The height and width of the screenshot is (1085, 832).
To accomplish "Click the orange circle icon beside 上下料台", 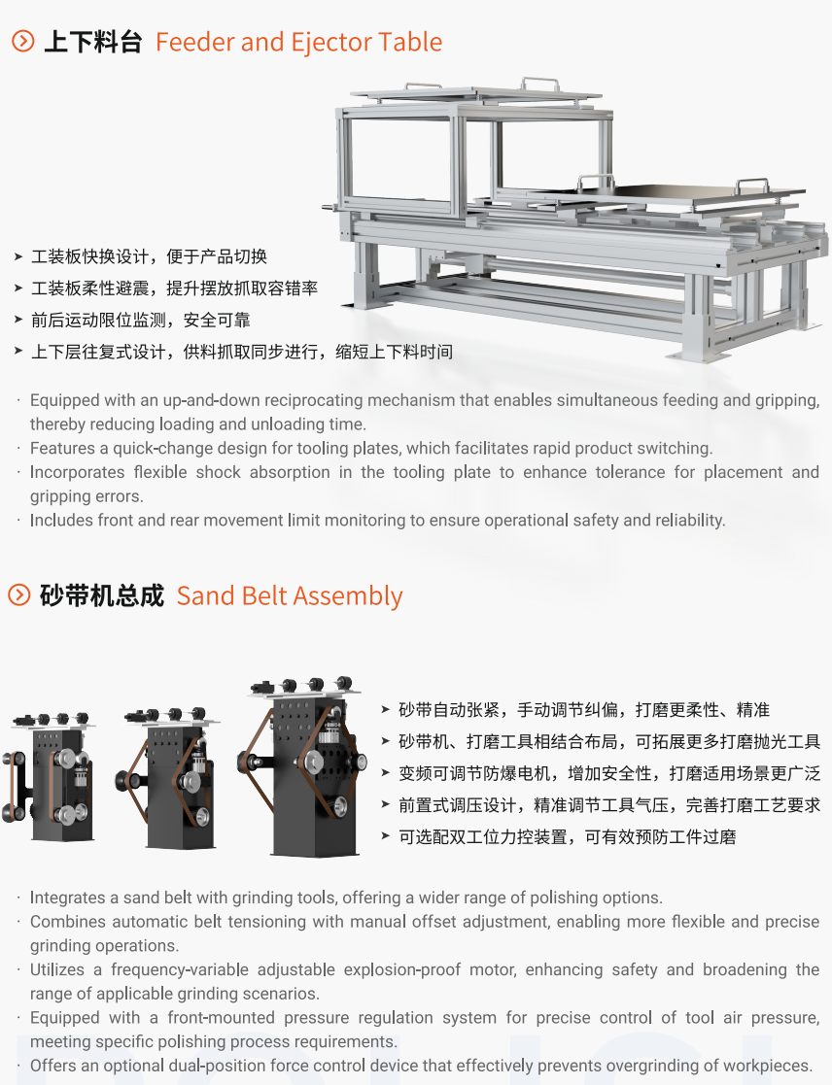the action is click(23, 41).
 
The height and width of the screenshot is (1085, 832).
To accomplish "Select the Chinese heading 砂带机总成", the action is click(102, 595).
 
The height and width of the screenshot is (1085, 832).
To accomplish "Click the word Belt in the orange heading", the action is click(260, 595).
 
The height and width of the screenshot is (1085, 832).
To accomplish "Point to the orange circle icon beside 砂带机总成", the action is click(18, 594).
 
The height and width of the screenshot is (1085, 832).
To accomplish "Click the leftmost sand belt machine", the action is click(49, 775).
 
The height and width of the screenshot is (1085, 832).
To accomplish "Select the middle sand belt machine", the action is click(168, 776).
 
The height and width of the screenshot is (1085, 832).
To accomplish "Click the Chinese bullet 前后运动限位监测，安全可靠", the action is click(141, 320).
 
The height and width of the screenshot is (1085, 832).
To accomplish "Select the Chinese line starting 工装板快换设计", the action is click(149, 256).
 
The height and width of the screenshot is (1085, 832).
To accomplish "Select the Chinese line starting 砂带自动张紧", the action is click(584, 709).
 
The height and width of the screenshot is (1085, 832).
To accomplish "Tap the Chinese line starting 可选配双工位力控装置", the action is click(568, 836).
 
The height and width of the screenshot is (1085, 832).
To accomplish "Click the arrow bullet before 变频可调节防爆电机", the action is click(386, 772).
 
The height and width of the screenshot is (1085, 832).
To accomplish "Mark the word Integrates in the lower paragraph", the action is click(63, 898).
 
